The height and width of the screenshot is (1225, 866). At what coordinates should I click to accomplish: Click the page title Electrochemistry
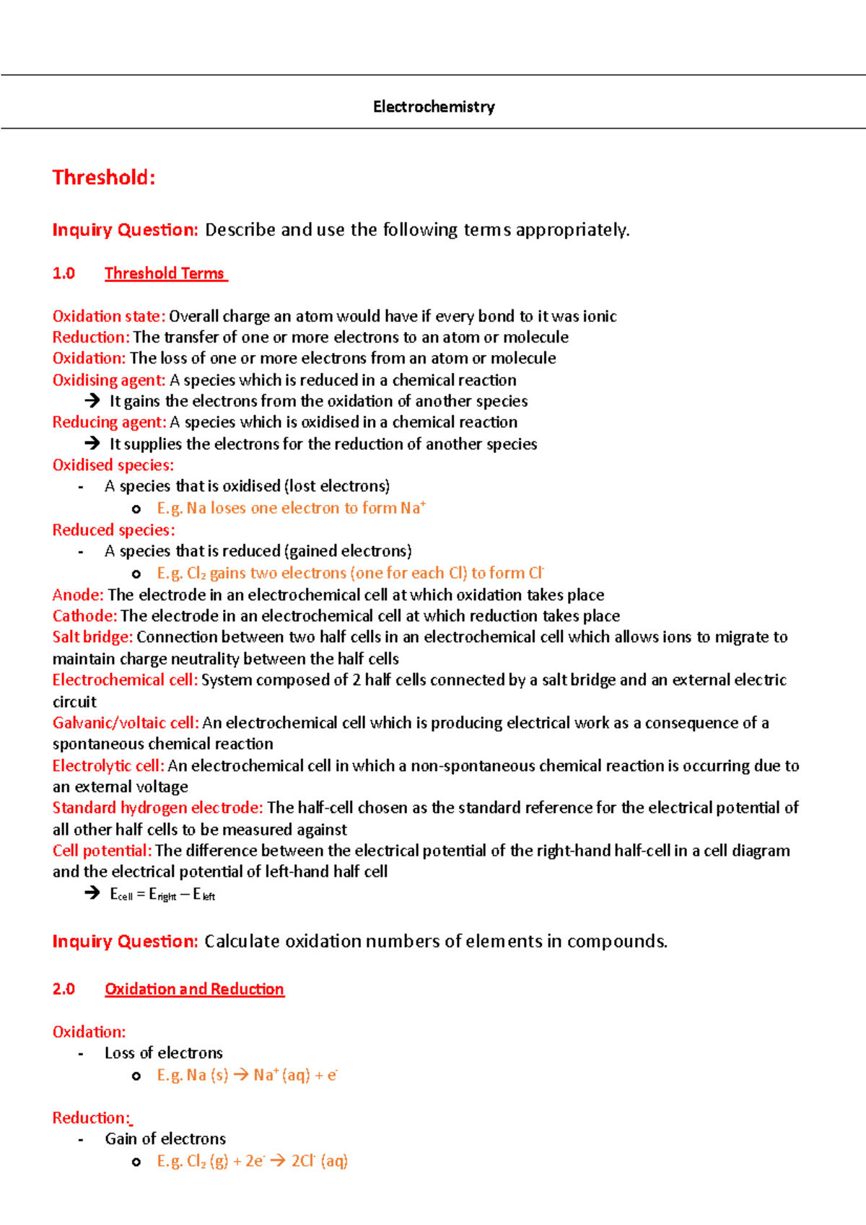tap(434, 107)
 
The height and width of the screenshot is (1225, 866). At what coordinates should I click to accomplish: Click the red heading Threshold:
tap(104, 177)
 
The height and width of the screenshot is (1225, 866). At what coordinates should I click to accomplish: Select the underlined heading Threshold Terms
tap(165, 273)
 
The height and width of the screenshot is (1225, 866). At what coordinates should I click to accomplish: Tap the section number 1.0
tap(64, 273)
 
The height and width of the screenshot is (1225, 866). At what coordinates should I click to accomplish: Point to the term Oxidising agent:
tap(109, 380)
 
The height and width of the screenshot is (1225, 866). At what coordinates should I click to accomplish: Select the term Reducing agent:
tap(109, 422)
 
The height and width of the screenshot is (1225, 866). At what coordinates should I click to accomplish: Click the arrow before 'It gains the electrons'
tap(92, 400)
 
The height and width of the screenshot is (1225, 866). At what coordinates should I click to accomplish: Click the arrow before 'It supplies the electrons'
tap(92, 443)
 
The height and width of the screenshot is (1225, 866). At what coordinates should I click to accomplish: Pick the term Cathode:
tap(84, 616)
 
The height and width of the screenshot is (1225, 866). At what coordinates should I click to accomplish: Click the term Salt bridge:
tap(92, 637)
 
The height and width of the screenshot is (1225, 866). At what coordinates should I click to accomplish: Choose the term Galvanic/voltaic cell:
tap(126, 723)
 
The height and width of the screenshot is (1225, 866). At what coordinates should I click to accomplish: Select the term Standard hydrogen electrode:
tap(157, 808)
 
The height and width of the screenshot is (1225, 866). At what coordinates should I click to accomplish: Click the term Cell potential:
tap(102, 851)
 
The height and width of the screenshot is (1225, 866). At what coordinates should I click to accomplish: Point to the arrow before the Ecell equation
tap(92, 893)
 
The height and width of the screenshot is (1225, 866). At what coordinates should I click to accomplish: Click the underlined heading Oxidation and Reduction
tap(194, 989)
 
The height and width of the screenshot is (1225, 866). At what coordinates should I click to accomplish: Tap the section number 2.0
tap(64, 989)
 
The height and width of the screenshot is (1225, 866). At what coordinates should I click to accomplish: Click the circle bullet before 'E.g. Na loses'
tap(136, 509)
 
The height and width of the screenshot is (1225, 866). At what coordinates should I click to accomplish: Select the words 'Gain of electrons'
tap(165, 1139)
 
